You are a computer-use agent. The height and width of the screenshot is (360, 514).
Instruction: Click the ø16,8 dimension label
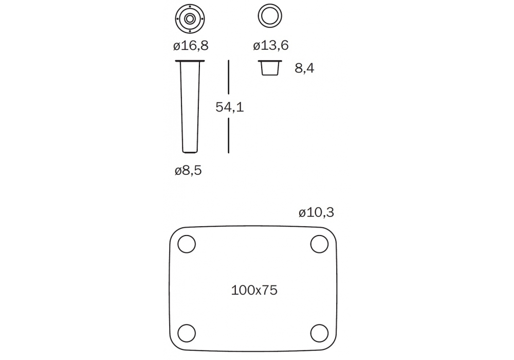pyautogui.click(x=191, y=46)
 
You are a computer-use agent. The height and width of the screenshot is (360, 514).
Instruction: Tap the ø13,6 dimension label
pyautogui.click(x=271, y=45)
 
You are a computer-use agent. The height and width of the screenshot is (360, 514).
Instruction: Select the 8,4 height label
pyautogui.click(x=304, y=68)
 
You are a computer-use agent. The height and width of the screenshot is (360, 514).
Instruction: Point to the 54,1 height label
pyautogui.click(x=229, y=107)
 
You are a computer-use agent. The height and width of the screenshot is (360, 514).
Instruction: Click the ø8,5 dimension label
pyautogui.click(x=188, y=171)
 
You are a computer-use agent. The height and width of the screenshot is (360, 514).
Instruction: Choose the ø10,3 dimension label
pyautogui.click(x=316, y=212)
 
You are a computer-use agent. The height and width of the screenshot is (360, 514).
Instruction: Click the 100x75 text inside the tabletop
pyautogui.click(x=254, y=290)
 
